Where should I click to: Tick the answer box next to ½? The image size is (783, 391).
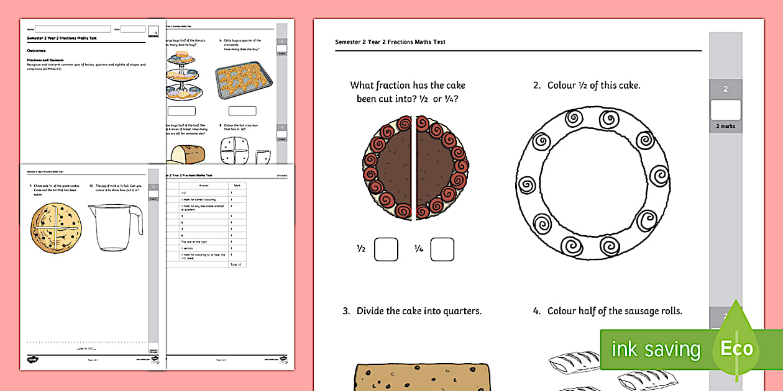(386, 249)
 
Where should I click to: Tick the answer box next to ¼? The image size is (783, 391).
(442, 249)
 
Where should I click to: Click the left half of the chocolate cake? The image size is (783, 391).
(388, 168)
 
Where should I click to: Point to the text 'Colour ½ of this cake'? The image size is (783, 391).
(593, 86)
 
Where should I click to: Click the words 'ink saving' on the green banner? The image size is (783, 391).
(655, 349)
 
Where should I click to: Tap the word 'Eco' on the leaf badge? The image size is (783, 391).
(736, 349)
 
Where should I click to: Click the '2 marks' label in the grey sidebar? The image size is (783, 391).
(725, 127)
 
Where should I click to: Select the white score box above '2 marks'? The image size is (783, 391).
(725, 110)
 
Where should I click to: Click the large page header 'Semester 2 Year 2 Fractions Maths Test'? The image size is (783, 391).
(390, 42)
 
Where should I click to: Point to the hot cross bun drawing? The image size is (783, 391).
(236, 151)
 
